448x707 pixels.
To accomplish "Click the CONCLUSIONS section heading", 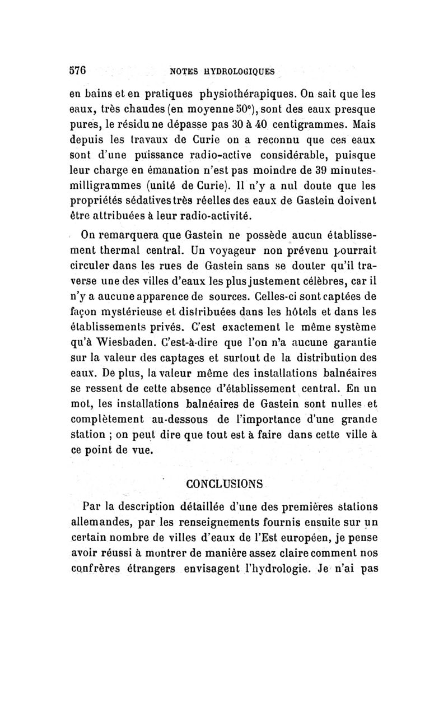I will pyautogui.click(x=223, y=482).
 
